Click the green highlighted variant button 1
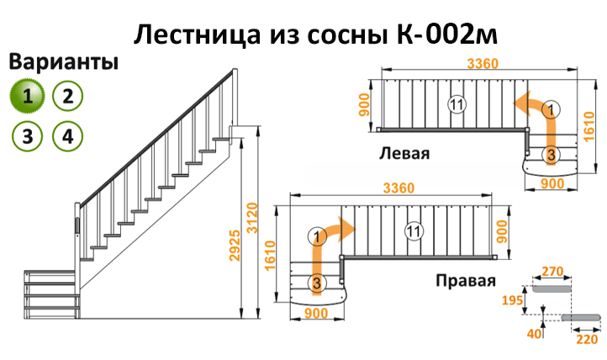[27, 96]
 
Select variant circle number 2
[68, 96]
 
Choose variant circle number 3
[27, 136]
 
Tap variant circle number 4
[68, 136]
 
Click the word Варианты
[64, 62]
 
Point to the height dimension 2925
[235, 246]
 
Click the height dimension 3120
[252, 218]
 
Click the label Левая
[404, 153]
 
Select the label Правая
[466, 280]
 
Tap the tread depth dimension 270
[552, 272]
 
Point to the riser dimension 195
[512, 300]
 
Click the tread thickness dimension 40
[535, 334]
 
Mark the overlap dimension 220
[588, 339]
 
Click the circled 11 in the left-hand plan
[457, 104]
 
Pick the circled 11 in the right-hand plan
[414, 231]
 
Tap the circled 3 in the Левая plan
[551, 155]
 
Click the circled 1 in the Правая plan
[317, 236]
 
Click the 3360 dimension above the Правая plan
[399, 188]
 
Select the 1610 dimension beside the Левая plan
[589, 126]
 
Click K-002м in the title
[447, 34]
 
